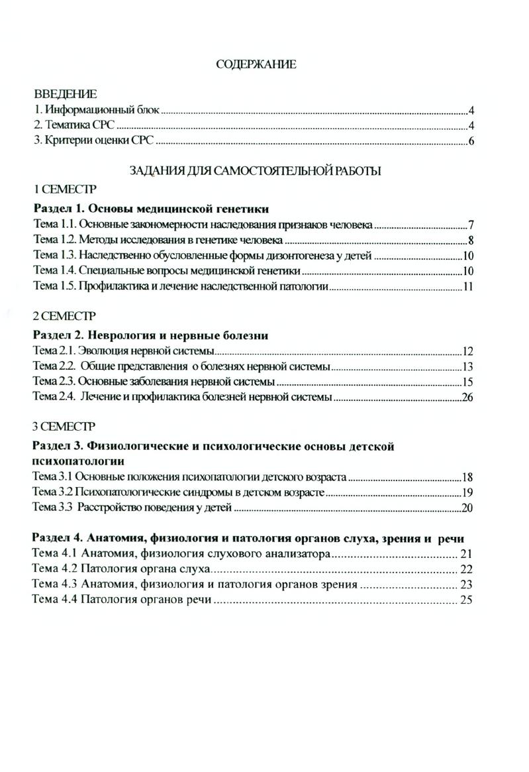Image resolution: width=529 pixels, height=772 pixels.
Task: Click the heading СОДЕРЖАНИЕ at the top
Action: pos(256,64)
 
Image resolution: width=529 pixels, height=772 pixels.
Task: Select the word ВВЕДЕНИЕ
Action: pos(65,94)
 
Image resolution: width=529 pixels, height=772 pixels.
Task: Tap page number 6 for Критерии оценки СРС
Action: pos(471,141)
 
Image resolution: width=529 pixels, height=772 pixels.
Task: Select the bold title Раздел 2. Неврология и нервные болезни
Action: pos(150,335)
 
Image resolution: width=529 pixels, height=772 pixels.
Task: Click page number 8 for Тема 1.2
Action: pos(470,240)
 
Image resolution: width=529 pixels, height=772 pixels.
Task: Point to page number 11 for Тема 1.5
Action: pos(467,287)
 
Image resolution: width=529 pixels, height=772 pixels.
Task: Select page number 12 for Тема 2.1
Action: pos(467,351)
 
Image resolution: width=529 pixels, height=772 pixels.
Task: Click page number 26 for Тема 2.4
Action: pos(467,398)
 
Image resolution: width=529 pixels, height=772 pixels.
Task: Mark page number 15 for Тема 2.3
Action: pos(467,382)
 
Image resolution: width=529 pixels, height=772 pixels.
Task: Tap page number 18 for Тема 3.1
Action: pos(467,477)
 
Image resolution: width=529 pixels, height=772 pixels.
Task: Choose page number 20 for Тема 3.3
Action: pos(467,509)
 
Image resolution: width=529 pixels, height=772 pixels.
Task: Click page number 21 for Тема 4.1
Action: pos(466,554)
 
